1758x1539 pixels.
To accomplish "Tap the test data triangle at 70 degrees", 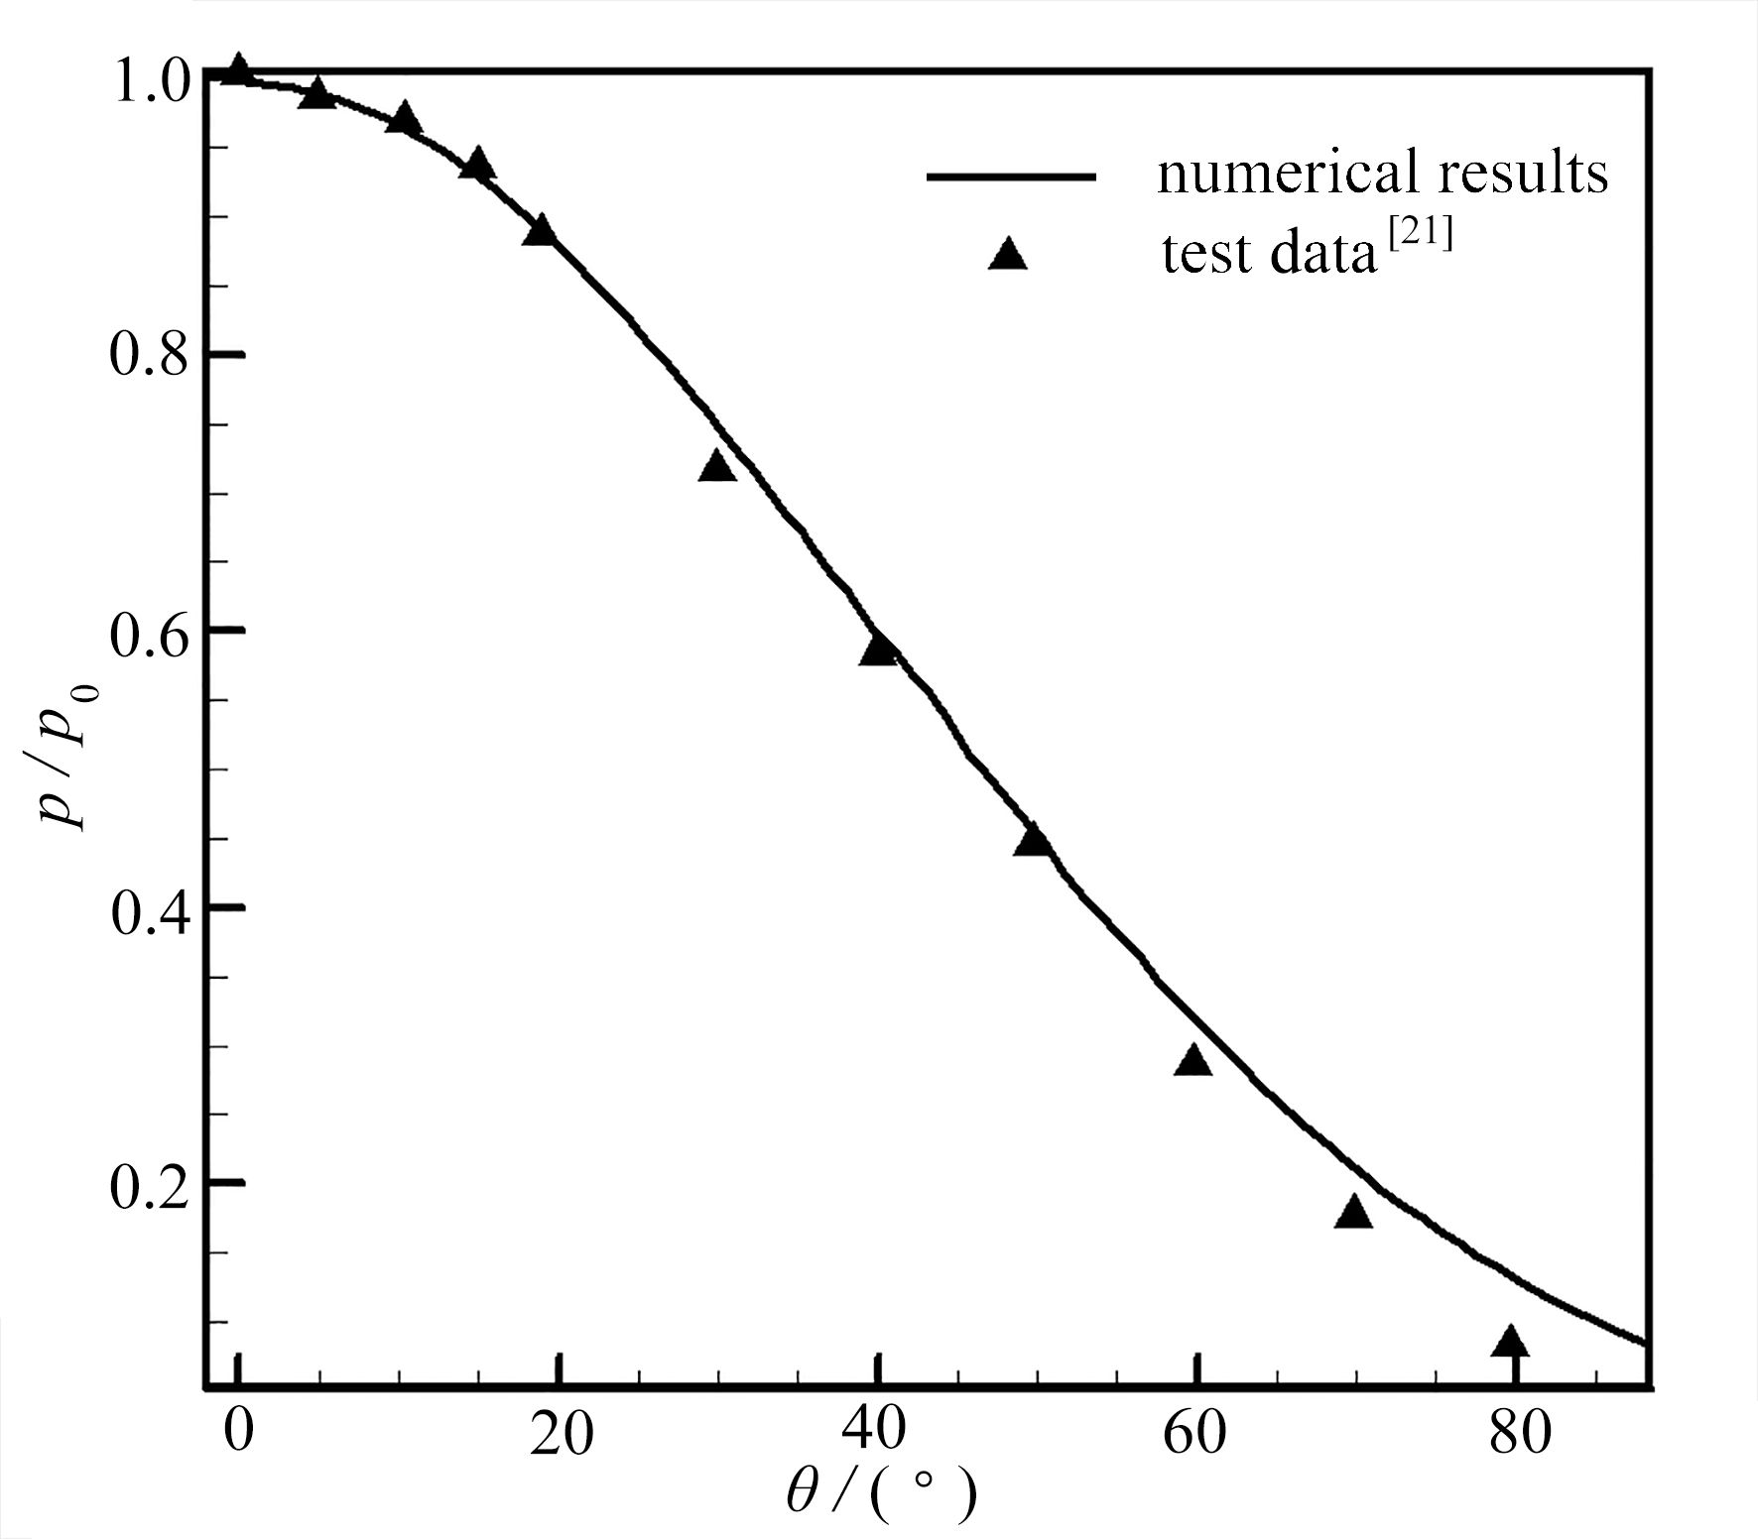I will tap(1353, 1213).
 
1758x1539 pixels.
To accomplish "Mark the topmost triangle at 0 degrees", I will tap(237, 70).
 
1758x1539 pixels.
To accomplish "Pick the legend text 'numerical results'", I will tap(1382, 175).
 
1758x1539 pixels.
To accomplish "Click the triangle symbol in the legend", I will tap(1009, 255).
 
